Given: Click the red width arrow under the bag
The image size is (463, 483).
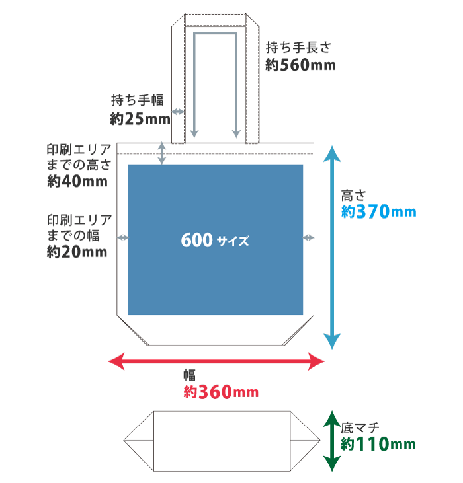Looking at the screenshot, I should pyautogui.click(x=216, y=361).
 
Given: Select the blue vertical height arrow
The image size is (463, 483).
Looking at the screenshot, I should pyautogui.click(x=332, y=248).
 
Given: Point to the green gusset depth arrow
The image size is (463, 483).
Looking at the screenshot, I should pyautogui.click(x=332, y=441).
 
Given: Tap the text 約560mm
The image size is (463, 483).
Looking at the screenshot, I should pyautogui.click(x=300, y=65).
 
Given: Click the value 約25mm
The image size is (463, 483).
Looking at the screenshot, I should pyautogui.click(x=140, y=119).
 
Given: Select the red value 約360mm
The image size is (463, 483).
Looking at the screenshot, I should pyautogui.click(x=220, y=392).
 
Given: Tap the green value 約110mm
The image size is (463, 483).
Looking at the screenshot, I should pyautogui.click(x=378, y=444).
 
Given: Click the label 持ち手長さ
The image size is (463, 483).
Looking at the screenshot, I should pyautogui.click(x=297, y=48).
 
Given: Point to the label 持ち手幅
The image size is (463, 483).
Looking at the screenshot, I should pyautogui.click(x=137, y=101).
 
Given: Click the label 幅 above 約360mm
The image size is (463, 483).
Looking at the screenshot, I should pyautogui.click(x=189, y=375).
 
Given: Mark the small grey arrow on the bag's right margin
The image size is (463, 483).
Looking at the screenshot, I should pyautogui.click(x=308, y=237).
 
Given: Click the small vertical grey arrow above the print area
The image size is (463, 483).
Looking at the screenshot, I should pyautogui.click(x=162, y=153).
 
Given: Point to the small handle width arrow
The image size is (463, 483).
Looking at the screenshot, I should pyautogui.click(x=177, y=112).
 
